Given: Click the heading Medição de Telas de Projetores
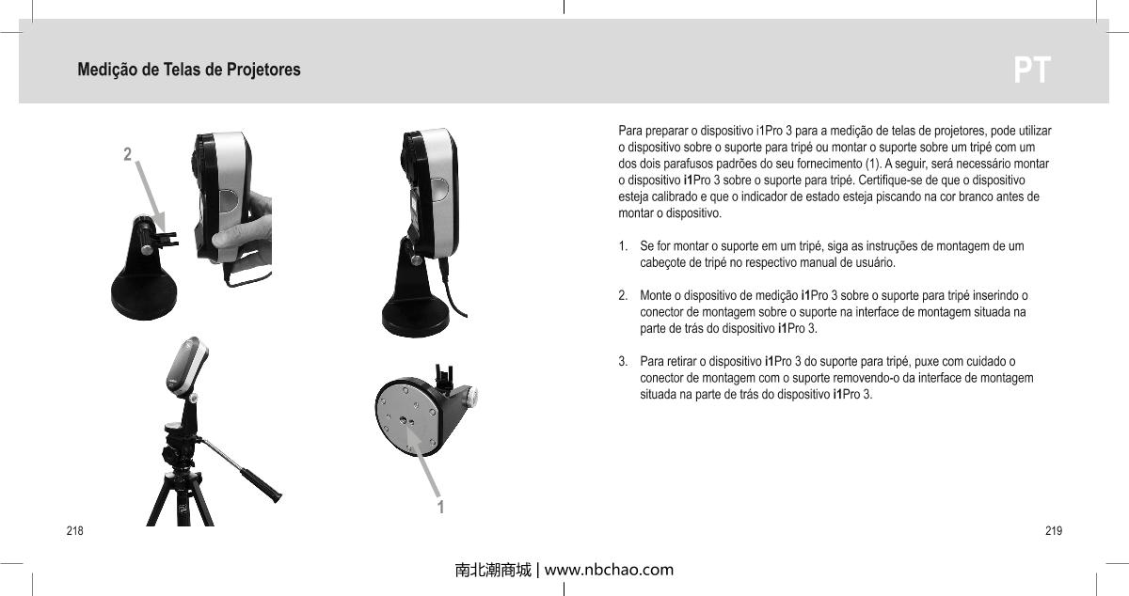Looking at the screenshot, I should tap(189, 71).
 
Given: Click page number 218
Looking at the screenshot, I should tap(72, 532).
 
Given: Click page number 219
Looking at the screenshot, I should tap(1054, 532).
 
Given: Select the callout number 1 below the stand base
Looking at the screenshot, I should tap(439, 508).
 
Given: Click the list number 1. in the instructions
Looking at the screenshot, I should tap(624, 246).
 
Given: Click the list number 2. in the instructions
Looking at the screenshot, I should tap(624, 295).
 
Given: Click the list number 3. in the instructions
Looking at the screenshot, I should tap(624, 361).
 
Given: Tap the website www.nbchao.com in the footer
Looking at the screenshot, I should tap(609, 570).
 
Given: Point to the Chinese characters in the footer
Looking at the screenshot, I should tap(492, 570).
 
